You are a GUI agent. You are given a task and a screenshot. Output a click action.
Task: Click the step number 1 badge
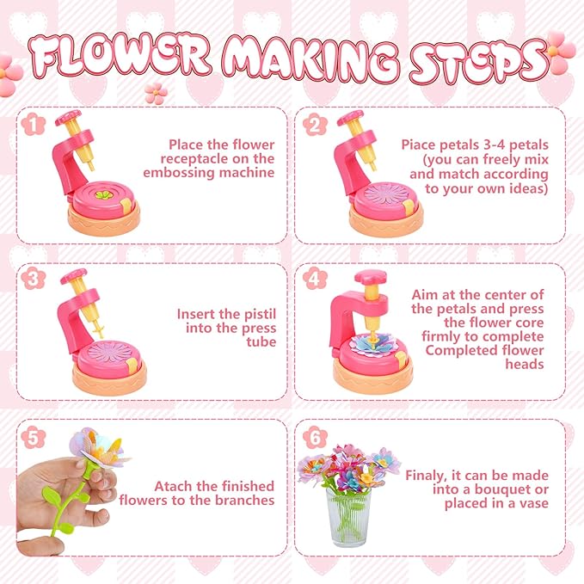click(32, 125)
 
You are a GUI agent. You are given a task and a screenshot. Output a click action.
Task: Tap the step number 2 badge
click(313, 125)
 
